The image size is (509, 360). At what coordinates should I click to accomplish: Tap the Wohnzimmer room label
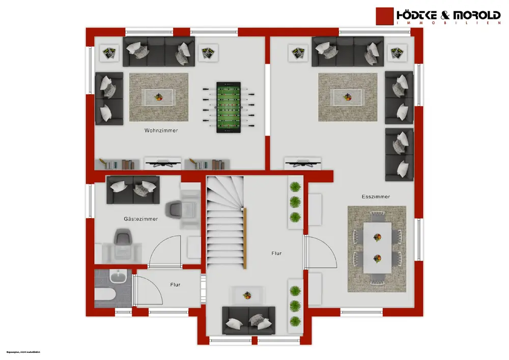[161, 131]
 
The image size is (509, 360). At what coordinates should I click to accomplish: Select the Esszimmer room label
[376, 196]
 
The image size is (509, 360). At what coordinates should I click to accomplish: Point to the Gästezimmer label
[140, 219]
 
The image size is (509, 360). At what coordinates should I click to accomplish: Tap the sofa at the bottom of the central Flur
[248, 320]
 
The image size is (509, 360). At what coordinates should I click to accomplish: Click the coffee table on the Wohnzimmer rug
[159, 96]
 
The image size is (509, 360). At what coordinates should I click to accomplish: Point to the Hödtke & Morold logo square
[385, 17]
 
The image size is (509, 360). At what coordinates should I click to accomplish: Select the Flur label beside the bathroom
[175, 286]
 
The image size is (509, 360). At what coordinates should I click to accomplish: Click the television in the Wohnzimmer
[163, 163]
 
